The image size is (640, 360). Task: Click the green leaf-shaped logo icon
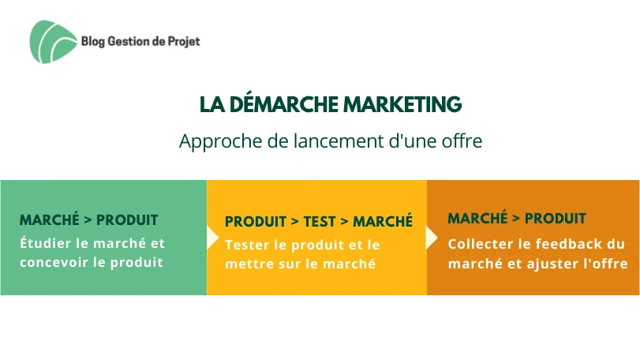[x=53, y=42]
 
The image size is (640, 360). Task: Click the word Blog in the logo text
[x=93, y=42]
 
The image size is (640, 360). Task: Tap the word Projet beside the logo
[x=184, y=42]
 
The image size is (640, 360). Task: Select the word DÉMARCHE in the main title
[x=283, y=104]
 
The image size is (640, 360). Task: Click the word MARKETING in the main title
[x=402, y=104]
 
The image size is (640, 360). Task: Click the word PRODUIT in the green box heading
[x=127, y=220]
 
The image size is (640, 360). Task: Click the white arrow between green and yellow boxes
[x=212, y=238]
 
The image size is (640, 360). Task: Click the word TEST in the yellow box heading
[x=320, y=222]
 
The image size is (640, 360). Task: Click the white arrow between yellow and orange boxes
[x=432, y=238]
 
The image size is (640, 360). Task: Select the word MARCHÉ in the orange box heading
[x=477, y=218]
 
